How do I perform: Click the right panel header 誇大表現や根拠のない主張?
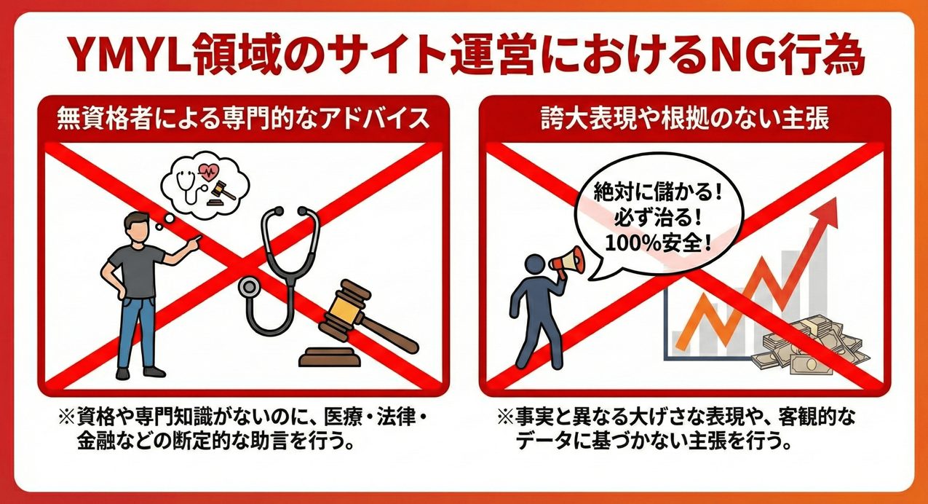pyautogui.click(x=684, y=119)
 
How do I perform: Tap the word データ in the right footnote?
pyautogui.click(x=543, y=442)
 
